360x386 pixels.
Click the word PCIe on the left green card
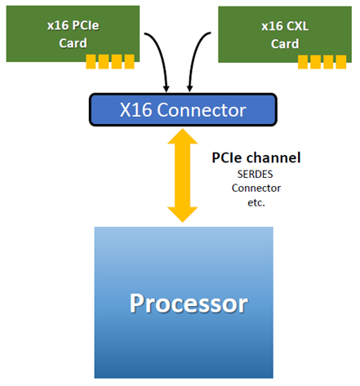point(87,25)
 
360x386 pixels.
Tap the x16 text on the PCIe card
point(58,25)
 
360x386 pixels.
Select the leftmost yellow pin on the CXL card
point(304,60)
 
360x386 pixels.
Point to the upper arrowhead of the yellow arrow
point(181,138)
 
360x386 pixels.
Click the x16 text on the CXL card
point(273,25)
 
